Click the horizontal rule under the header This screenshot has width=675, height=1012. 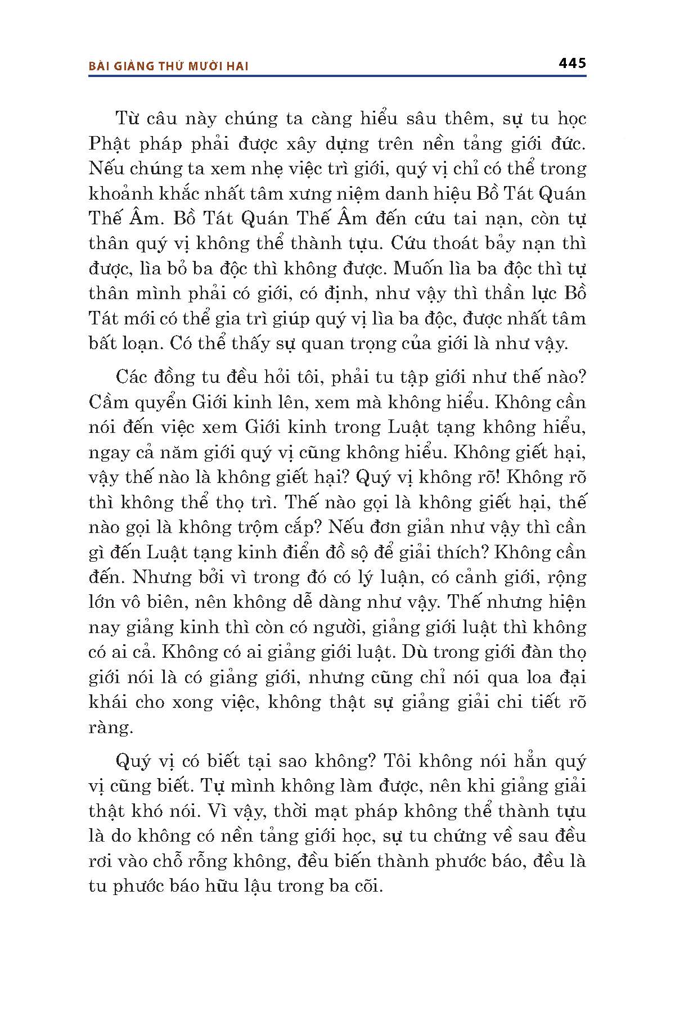(x=337, y=75)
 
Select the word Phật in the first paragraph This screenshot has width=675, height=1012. (x=107, y=144)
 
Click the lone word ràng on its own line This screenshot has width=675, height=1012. (x=110, y=728)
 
